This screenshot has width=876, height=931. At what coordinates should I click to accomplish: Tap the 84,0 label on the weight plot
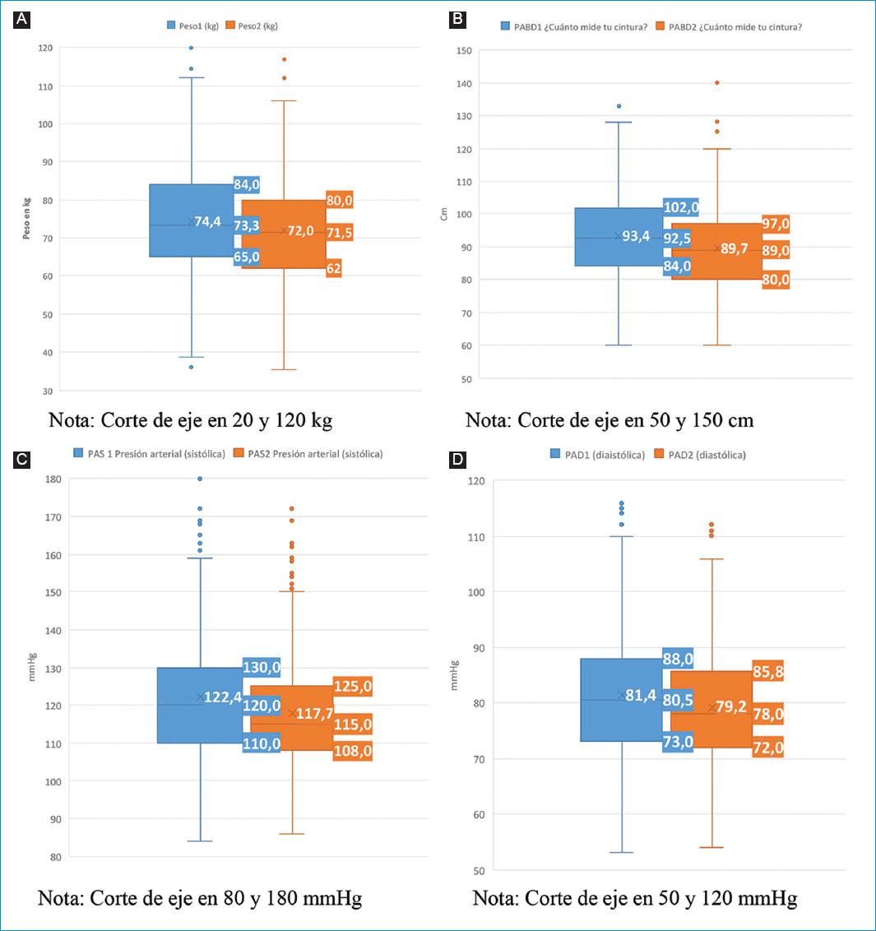point(246,184)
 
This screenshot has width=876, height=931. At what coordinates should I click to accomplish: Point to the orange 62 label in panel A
point(333,268)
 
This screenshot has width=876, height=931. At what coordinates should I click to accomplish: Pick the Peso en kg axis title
point(26,218)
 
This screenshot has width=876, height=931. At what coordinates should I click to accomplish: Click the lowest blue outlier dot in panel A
point(191,367)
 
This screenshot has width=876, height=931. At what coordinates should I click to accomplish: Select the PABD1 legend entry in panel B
point(568,26)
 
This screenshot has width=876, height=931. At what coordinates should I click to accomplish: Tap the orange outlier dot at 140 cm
point(717,82)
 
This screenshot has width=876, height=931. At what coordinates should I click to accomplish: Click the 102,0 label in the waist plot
point(681,207)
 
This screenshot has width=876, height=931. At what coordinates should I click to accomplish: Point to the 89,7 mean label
point(734,248)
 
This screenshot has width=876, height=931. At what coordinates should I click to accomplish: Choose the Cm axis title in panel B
point(444,214)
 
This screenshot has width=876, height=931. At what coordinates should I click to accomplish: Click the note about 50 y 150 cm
point(609,420)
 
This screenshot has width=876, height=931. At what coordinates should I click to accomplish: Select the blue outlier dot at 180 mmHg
point(200,479)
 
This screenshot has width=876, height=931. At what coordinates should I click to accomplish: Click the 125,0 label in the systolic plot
point(352,686)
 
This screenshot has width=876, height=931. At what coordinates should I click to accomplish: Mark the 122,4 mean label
point(222,697)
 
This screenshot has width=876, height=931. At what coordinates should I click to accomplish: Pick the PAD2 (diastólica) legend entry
point(700,454)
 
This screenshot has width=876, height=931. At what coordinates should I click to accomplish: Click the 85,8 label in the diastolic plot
point(767,671)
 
